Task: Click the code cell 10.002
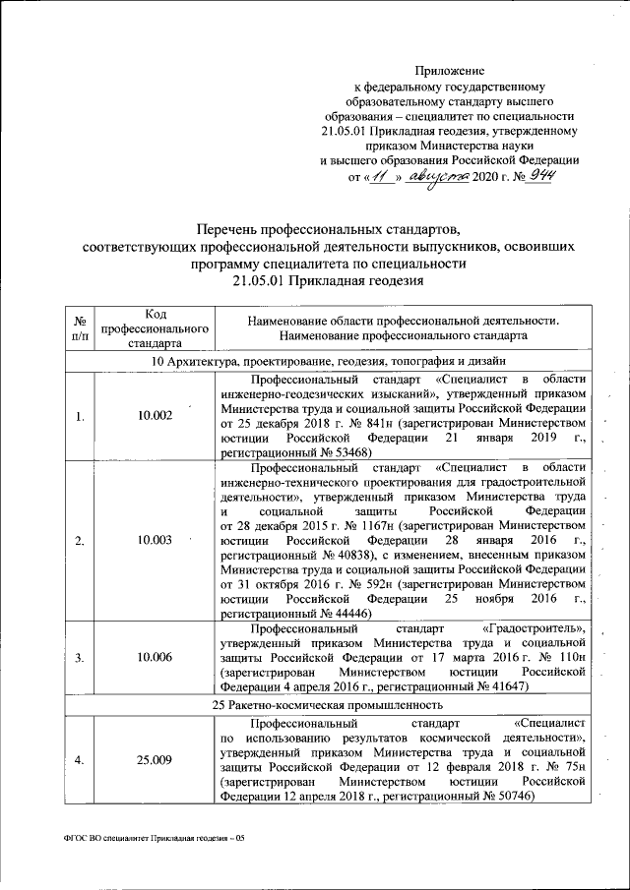pos(156,416)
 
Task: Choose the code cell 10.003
pos(156,540)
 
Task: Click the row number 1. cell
pos(79,416)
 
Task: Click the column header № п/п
pos(79,329)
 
